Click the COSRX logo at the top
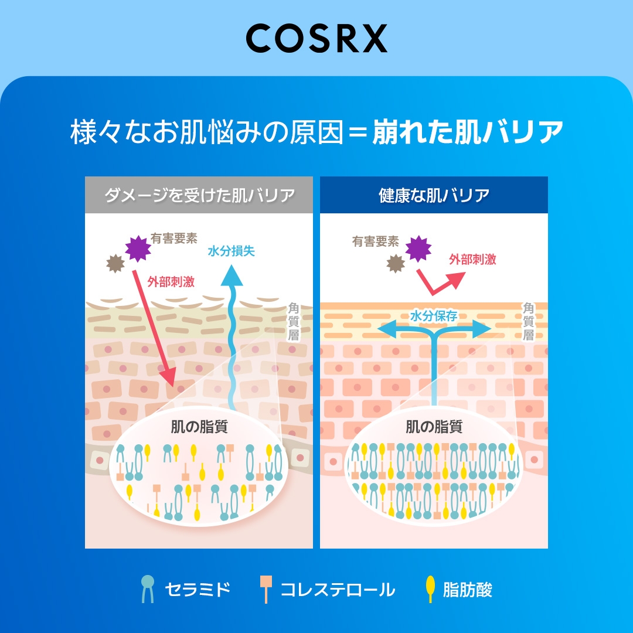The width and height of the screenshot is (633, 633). (316, 38)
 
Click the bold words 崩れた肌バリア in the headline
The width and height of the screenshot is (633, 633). (468, 132)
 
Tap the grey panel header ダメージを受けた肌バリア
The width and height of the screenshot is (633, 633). (199, 195)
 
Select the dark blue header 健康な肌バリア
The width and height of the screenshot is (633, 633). (434, 195)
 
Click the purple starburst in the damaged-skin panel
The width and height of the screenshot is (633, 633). (138, 249)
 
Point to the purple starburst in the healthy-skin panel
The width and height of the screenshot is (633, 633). (418, 249)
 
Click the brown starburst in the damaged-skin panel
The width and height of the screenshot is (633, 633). (115, 264)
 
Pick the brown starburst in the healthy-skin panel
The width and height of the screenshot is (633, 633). (396, 264)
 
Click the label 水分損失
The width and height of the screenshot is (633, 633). (232, 251)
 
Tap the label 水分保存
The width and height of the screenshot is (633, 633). (434, 316)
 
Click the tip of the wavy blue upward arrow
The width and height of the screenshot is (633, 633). (232, 265)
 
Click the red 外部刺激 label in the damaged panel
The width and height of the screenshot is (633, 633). (171, 281)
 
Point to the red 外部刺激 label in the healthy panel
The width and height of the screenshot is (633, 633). (472, 259)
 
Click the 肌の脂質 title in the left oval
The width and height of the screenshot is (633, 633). (199, 427)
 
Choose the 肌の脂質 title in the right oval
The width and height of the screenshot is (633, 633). (434, 427)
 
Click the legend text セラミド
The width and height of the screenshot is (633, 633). (198, 590)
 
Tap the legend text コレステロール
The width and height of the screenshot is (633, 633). (338, 590)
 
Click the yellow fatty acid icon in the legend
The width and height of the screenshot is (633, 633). (430, 589)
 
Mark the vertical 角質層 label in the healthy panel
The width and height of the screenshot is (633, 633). (529, 321)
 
